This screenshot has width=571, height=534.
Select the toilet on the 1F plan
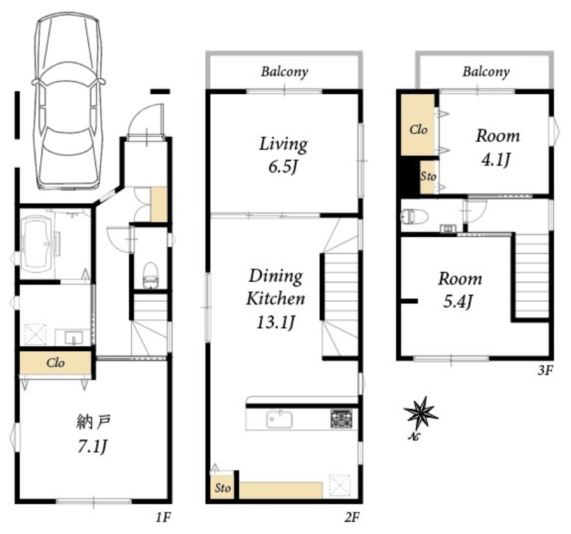pos(150,275)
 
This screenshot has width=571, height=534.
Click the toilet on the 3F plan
pos(414,216)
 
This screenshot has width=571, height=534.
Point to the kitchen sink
pos(280,419)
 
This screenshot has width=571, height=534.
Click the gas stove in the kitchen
pos(341,419)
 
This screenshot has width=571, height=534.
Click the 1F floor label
pos(163,517)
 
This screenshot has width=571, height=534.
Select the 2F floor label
pos(352,517)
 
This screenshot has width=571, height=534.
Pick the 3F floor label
pos(545,370)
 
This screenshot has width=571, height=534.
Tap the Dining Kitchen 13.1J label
pos(275,299)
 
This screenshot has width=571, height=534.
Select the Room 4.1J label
pos(497,147)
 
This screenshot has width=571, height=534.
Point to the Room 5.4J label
pos(460,290)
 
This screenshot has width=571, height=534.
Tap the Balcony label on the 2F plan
pos(284,72)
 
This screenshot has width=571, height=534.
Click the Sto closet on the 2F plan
pos(222,487)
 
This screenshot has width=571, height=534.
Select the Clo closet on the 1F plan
pos(56,362)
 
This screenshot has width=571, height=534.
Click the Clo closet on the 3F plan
pos(418,125)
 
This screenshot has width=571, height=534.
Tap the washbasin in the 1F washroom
pos(74,337)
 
